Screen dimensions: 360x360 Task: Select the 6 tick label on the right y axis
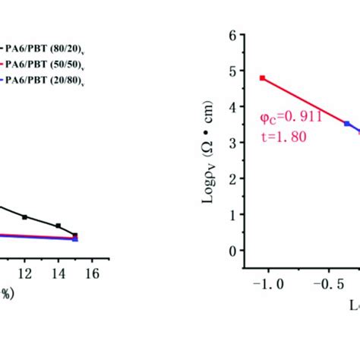[232, 35]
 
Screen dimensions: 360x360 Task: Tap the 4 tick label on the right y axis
[232, 106]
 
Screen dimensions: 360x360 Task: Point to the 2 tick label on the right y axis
[232, 178]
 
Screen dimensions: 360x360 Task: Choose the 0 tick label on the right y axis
[232, 251]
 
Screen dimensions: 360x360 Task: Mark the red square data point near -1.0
[262, 77]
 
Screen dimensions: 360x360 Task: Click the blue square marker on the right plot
[347, 123]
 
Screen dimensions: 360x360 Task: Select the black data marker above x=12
[24, 217]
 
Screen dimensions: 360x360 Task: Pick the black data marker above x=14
[58, 226]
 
